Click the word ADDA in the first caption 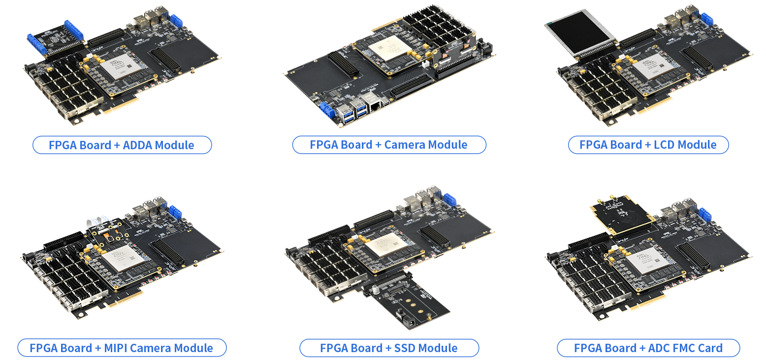tap(138, 145)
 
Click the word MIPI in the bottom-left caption tap(116, 348)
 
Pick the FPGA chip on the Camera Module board tap(389, 48)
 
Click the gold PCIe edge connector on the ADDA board tap(120, 104)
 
